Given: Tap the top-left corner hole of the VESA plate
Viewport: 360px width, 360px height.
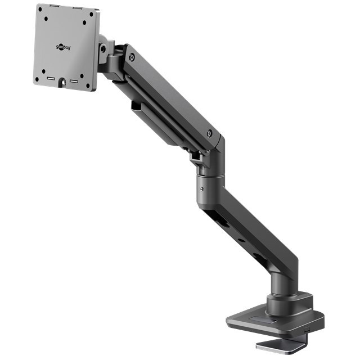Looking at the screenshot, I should [43, 15].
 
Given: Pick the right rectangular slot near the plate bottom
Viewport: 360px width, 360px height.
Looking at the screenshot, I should [73, 82].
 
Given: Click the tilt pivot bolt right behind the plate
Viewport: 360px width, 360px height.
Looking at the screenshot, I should [103, 49].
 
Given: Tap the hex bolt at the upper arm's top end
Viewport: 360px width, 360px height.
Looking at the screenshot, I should [131, 57].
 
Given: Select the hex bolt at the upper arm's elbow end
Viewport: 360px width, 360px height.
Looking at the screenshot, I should [209, 134].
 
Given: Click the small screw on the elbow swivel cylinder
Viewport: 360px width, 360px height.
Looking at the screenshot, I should [198, 190].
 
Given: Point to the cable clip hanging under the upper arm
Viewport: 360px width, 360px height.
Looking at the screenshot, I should [137, 105].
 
